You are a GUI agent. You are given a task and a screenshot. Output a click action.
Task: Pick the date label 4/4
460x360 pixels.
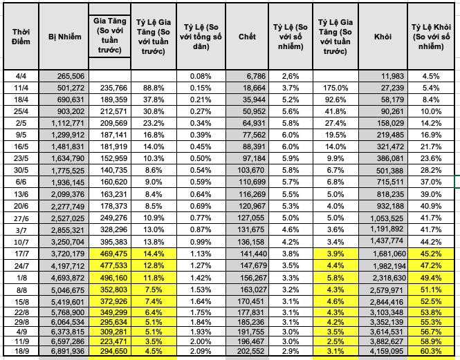click(20, 75)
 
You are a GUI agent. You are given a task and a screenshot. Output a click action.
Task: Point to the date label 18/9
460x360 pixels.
click(20, 350)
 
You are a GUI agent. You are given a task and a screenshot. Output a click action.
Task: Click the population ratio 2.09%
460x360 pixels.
click(200, 350)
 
